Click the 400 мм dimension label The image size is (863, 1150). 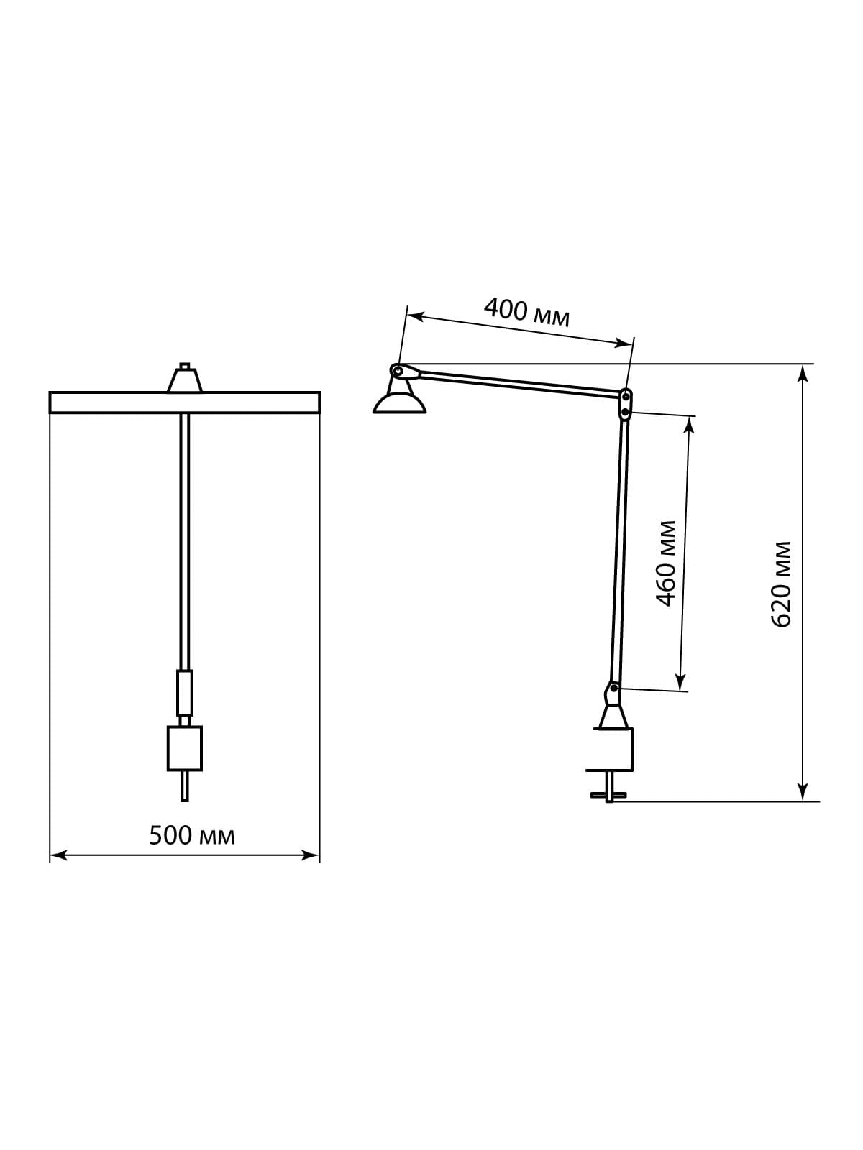click(x=526, y=312)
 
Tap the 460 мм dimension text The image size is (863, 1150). click(x=666, y=563)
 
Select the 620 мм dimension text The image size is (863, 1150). click(x=781, y=584)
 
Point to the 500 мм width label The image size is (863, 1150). click(x=192, y=835)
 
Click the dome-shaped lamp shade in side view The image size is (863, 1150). click(x=399, y=404)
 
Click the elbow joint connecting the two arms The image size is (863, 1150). click(x=625, y=404)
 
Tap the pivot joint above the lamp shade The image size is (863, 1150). click(x=398, y=371)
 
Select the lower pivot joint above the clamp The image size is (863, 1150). click(x=612, y=694)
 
